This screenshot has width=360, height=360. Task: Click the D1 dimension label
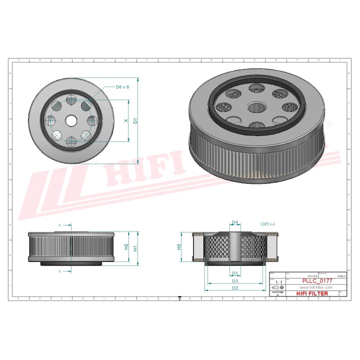click(135, 120)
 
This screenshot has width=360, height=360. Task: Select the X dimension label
click(126, 120)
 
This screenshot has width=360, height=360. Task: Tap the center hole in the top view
click(70, 120)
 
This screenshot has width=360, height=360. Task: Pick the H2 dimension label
click(126, 246)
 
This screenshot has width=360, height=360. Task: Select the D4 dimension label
click(235, 223)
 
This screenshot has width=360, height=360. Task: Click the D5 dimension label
click(235, 273)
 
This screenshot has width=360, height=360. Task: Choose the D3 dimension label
click(234, 281)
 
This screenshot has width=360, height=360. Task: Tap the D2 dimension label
click(234, 288)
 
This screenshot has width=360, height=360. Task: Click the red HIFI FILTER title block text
click(313, 293)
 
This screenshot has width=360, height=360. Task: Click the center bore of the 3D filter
click(257, 107)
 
